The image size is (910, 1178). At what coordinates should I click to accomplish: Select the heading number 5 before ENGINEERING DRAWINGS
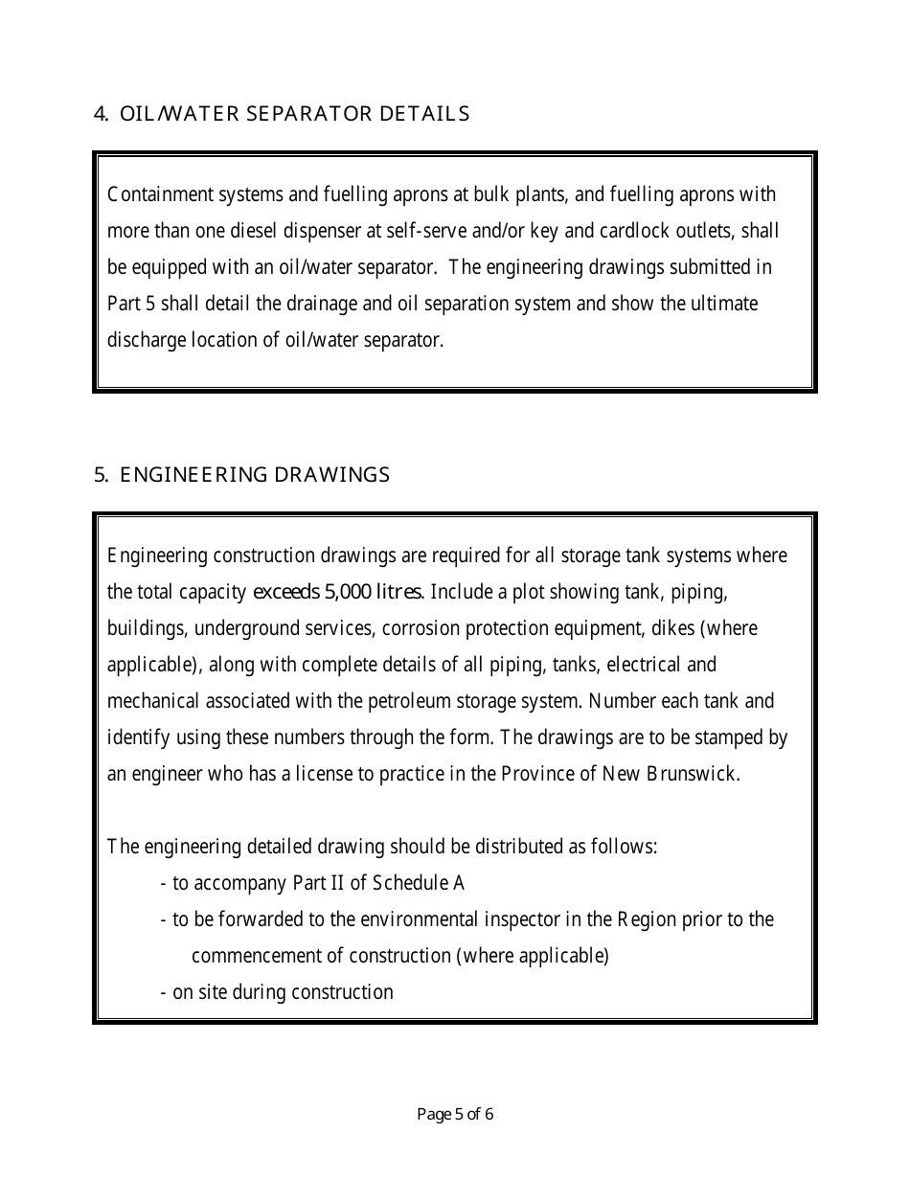coord(101,475)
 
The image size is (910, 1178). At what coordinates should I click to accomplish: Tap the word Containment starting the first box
coord(154,194)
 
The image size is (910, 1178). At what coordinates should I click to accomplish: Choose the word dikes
coord(673,628)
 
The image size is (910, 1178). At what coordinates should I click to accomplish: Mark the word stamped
coord(734,737)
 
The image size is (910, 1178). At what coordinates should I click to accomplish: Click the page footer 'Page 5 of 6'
coord(455,1114)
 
